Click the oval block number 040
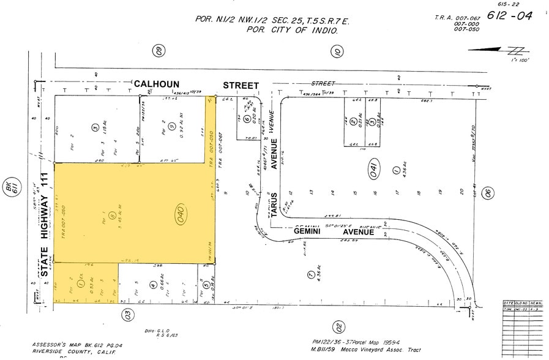(180, 214)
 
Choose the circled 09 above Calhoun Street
(159, 51)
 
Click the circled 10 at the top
(337, 51)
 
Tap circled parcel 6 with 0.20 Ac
(246, 120)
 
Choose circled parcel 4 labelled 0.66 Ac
(152, 285)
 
